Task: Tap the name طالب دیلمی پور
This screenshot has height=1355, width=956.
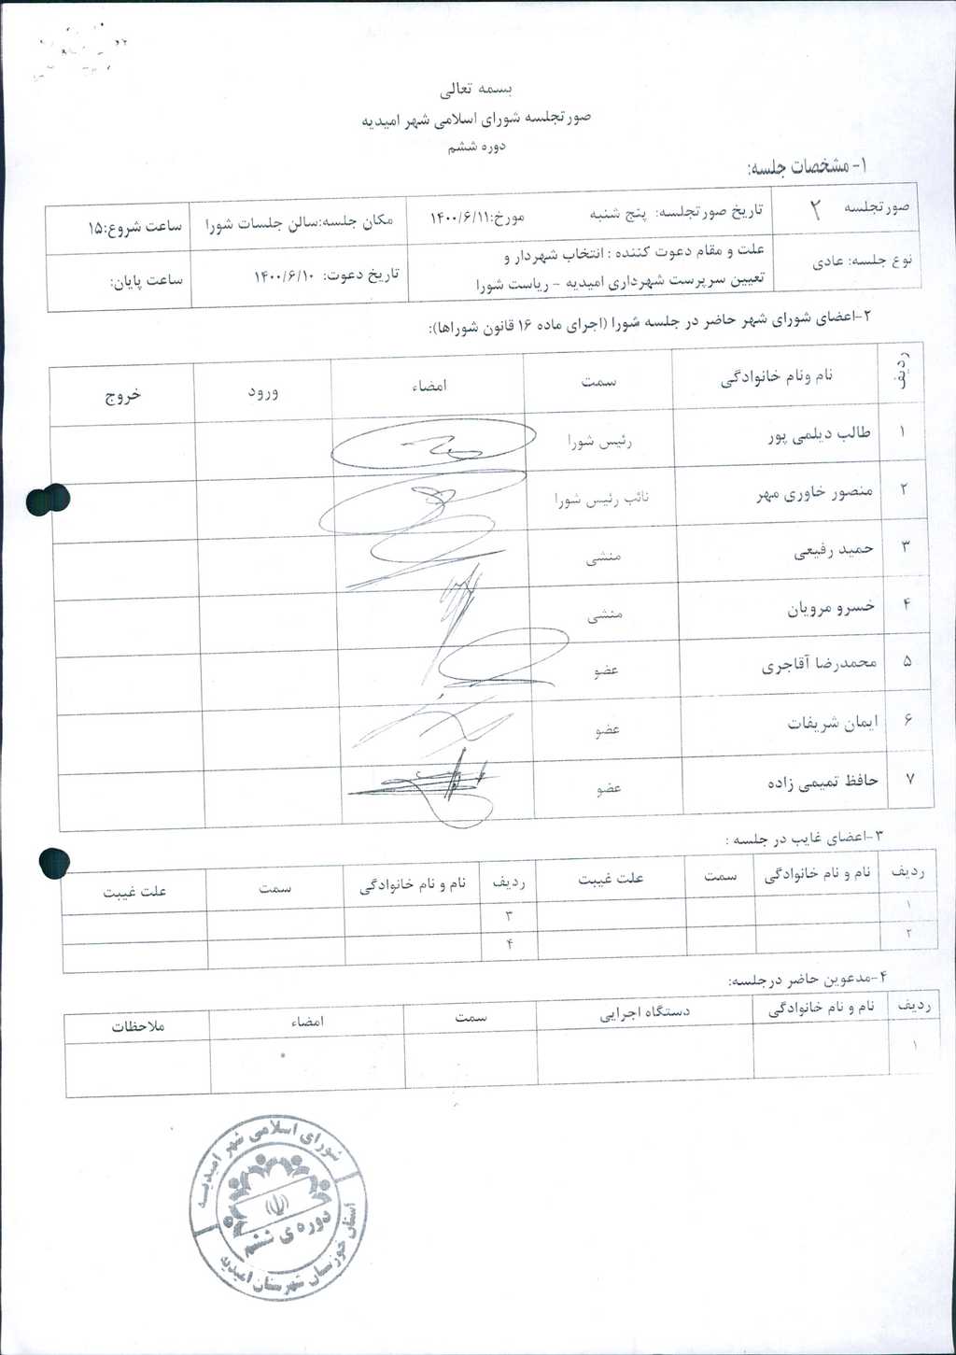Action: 819,435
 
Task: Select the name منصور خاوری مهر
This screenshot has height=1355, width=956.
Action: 814,493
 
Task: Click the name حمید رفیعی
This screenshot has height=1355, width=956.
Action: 833,550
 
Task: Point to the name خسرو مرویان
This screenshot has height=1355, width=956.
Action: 831,608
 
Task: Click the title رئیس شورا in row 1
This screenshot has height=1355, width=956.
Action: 599,442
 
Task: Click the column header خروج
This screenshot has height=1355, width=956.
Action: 122,395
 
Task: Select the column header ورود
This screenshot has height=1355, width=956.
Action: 262,392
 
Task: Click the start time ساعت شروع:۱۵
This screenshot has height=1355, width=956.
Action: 134,227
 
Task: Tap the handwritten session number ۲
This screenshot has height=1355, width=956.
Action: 814,210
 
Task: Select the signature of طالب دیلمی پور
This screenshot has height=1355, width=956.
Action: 432,445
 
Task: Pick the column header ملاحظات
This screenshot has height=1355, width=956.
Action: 138,1026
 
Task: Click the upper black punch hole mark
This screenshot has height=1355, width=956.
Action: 49,500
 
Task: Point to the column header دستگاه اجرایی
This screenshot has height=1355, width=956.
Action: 644,1011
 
